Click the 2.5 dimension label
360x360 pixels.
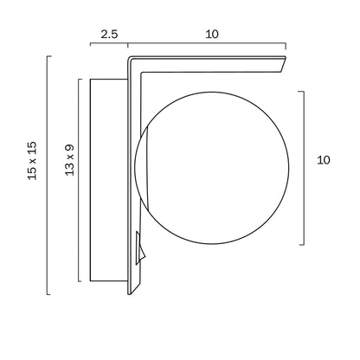109,35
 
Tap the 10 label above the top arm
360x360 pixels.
212,35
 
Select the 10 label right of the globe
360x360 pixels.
324,160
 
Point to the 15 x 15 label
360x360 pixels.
32,161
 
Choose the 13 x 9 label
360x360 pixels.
69,160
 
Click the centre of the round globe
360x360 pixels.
212,168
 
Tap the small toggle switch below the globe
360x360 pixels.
140,248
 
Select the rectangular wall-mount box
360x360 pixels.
109,180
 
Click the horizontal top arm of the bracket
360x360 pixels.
207,64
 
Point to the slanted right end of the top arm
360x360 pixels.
283,65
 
